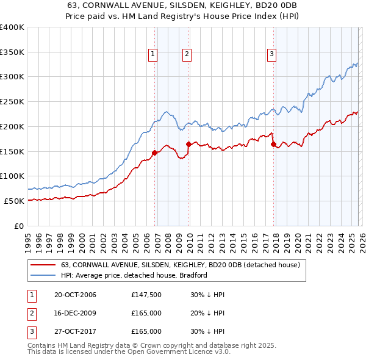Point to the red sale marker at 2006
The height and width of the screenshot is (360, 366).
click(154, 153)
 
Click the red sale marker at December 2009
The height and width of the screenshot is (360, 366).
click(188, 144)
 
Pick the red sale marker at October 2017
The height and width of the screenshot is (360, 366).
click(273, 144)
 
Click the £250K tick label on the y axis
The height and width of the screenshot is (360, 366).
click(12, 102)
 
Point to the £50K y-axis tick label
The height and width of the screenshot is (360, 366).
click(14, 201)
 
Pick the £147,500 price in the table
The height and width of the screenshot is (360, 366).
click(146, 295)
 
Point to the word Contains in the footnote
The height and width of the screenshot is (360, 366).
click(43, 345)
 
